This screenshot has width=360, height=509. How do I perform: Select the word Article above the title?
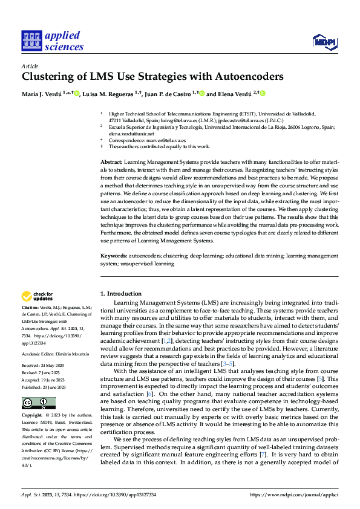point(30,66)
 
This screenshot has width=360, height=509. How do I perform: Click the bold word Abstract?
point(111,163)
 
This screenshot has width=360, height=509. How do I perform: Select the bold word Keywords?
point(113,257)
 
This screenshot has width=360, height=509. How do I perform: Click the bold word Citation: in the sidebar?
point(32,308)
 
